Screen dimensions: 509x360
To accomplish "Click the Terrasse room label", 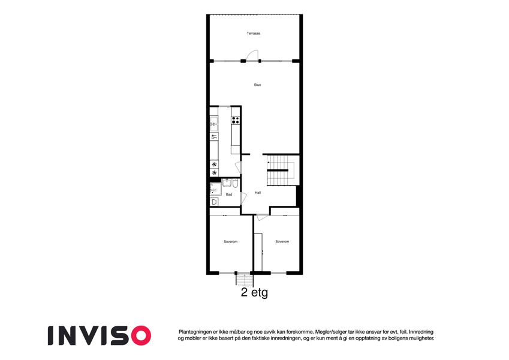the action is click(x=253, y=33).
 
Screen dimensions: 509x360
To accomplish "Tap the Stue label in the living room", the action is click(x=257, y=85).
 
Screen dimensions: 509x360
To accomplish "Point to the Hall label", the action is click(x=258, y=193).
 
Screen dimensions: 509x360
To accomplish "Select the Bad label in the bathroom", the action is click(x=229, y=194).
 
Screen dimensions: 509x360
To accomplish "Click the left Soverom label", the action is click(x=230, y=242).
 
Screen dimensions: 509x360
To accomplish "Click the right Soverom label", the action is click(x=282, y=242).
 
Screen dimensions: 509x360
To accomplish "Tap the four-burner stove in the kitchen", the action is click(x=236, y=120).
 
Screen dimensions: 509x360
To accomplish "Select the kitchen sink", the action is click(x=214, y=124).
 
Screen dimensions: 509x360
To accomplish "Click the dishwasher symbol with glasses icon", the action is click(x=214, y=137).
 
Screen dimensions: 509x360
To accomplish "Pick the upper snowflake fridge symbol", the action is click(x=214, y=164).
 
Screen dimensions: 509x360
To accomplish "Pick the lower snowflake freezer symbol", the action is click(x=214, y=173).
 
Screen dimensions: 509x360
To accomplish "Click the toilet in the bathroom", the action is click(x=236, y=183).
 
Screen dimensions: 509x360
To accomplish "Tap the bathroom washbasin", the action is click(x=227, y=182).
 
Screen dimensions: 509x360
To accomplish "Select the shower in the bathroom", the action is click(x=216, y=189).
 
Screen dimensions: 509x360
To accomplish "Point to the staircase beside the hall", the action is click(x=281, y=170).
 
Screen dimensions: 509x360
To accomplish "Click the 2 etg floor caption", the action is click(x=254, y=292).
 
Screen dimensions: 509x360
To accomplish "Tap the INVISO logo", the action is click(x=100, y=335).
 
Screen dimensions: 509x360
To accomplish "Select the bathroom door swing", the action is click(x=243, y=198).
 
